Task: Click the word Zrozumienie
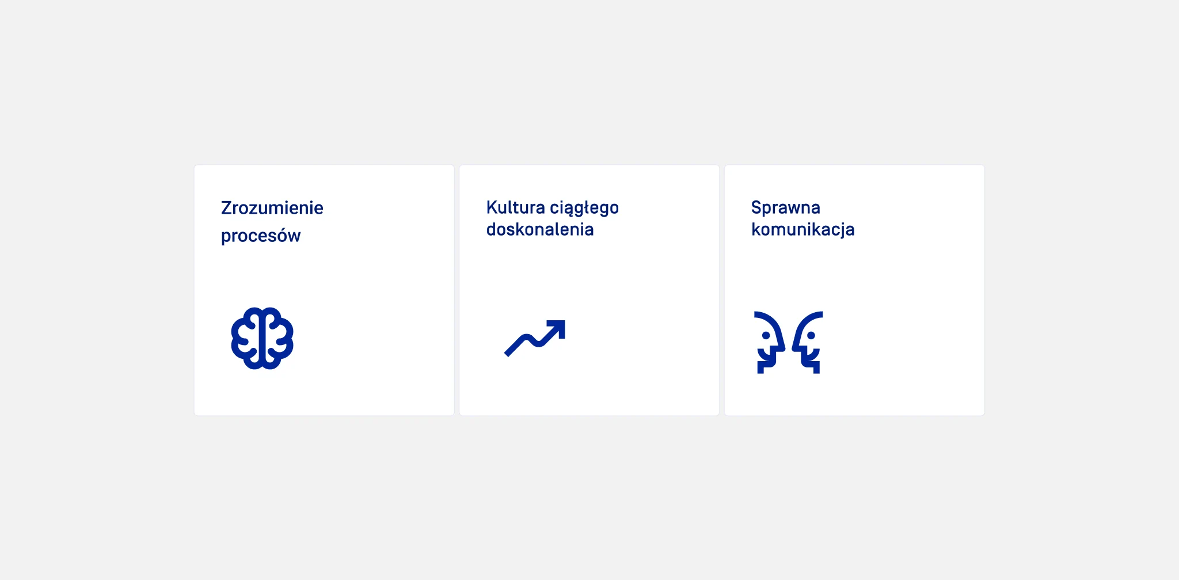[x=272, y=208]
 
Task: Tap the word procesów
[x=261, y=236]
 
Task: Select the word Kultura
[x=515, y=207]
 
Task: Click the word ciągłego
[x=584, y=209]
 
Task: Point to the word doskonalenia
[x=540, y=229]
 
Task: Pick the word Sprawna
[x=786, y=208]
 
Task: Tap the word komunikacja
[x=803, y=230]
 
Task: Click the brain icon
[x=263, y=338]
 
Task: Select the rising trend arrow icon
[x=535, y=338]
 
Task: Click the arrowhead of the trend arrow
[x=558, y=328]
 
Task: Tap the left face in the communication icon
[x=769, y=342]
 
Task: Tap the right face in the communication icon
[x=807, y=342]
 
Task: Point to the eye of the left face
[x=766, y=335]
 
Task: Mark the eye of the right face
[x=811, y=335]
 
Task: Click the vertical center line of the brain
[x=263, y=339]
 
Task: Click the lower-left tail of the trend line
[x=507, y=354]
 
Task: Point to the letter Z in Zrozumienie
[x=226, y=208]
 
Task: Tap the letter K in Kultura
[x=492, y=207]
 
